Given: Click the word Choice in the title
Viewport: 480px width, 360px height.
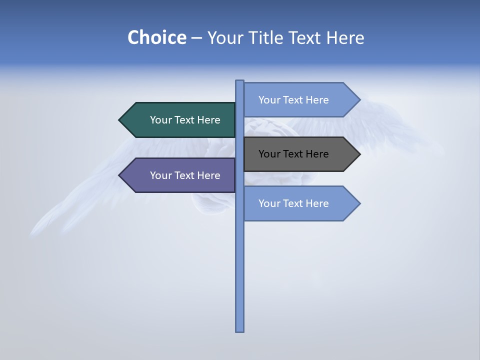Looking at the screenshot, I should pyautogui.click(x=156, y=38).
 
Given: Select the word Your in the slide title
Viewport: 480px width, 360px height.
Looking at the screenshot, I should pyautogui.click(x=225, y=38).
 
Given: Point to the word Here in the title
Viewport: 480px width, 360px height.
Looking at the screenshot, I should pyautogui.click(x=345, y=38).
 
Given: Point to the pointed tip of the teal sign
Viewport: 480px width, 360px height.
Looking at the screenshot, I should pyautogui.click(x=120, y=120).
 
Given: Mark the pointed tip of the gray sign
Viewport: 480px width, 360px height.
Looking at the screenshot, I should pyautogui.click(x=359, y=154).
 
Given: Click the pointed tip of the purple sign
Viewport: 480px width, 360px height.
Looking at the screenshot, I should pyautogui.click(x=120, y=175).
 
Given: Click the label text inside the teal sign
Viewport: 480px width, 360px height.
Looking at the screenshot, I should pyautogui.click(x=185, y=120).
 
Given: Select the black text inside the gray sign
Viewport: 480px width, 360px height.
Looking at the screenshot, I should pyautogui.click(x=293, y=154).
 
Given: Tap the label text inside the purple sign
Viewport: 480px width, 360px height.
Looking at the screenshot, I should pyautogui.click(x=185, y=175).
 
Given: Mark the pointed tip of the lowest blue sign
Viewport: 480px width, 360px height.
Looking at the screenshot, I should pyautogui.click(x=359, y=203).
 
